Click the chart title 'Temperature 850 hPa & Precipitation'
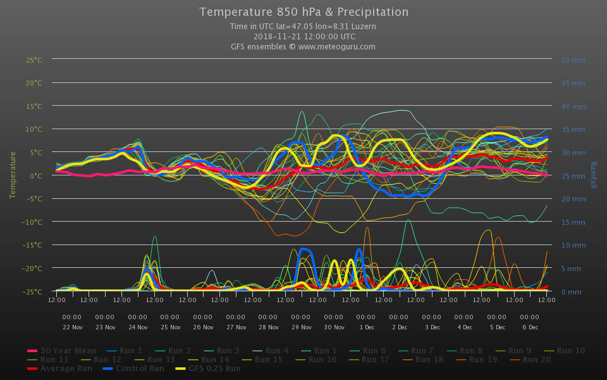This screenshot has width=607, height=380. (303, 12)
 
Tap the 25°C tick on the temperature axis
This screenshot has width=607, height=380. (34, 60)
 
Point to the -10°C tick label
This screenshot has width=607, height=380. (33, 222)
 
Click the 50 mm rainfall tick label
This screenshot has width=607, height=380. (573, 60)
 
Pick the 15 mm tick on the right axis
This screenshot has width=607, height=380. (573, 222)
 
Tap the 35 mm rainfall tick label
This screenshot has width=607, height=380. (573, 129)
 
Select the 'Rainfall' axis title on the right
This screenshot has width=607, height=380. (593, 175)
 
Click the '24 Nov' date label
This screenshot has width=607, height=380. (138, 327)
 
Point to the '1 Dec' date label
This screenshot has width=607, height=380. (366, 327)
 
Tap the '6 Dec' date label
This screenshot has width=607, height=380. (530, 327)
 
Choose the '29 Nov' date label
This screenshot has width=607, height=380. (301, 327)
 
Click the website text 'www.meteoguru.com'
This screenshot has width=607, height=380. (336, 46)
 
